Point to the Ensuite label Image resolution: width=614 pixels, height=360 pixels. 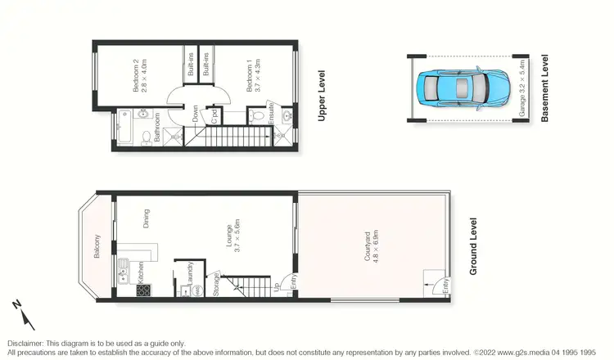coord(271,114)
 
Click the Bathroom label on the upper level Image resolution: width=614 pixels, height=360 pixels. coord(156,132)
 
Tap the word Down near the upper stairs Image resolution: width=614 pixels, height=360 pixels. coord(196,113)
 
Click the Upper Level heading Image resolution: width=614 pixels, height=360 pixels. coord(322,97)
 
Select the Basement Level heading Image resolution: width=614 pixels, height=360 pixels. coord(544,90)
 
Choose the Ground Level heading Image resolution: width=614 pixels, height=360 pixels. coord(472,246)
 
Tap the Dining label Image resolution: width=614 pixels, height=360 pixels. coord(147,218)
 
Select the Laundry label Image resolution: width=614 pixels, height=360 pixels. coord(190,270)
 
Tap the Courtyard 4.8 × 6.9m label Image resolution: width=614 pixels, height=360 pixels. coord(369,245)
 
